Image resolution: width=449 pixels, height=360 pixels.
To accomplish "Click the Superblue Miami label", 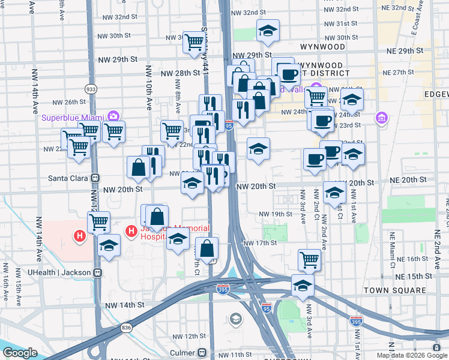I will [x=72, y=117].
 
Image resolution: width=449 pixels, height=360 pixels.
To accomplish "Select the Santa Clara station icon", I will [x=95, y=178].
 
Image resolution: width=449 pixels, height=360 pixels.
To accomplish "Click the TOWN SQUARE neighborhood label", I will [x=395, y=290].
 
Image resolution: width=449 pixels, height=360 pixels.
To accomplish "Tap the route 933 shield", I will [x=91, y=89].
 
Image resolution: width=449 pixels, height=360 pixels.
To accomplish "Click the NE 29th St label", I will [x=409, y=51].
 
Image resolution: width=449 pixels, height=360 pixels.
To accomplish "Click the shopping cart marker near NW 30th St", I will [x=194, y=42].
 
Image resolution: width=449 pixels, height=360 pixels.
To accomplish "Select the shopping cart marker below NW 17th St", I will [x=309, y=259].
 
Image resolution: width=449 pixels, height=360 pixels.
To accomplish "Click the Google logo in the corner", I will [x=19, y=353].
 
